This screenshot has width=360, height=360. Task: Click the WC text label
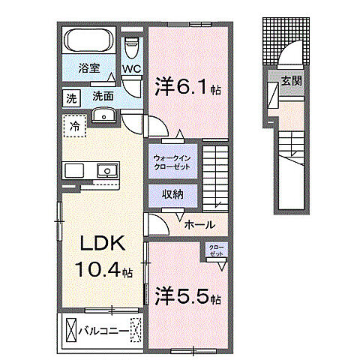tap(132, 69)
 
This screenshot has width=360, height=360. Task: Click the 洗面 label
tap(102, 96)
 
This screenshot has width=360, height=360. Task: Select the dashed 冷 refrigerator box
tap(74, 126)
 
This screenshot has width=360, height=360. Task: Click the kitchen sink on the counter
tap(107, 171)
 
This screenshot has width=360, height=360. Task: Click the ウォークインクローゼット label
tap(172, 163)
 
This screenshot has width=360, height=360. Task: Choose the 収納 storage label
tap(172, 194)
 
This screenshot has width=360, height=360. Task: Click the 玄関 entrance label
tap(292, 81)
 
